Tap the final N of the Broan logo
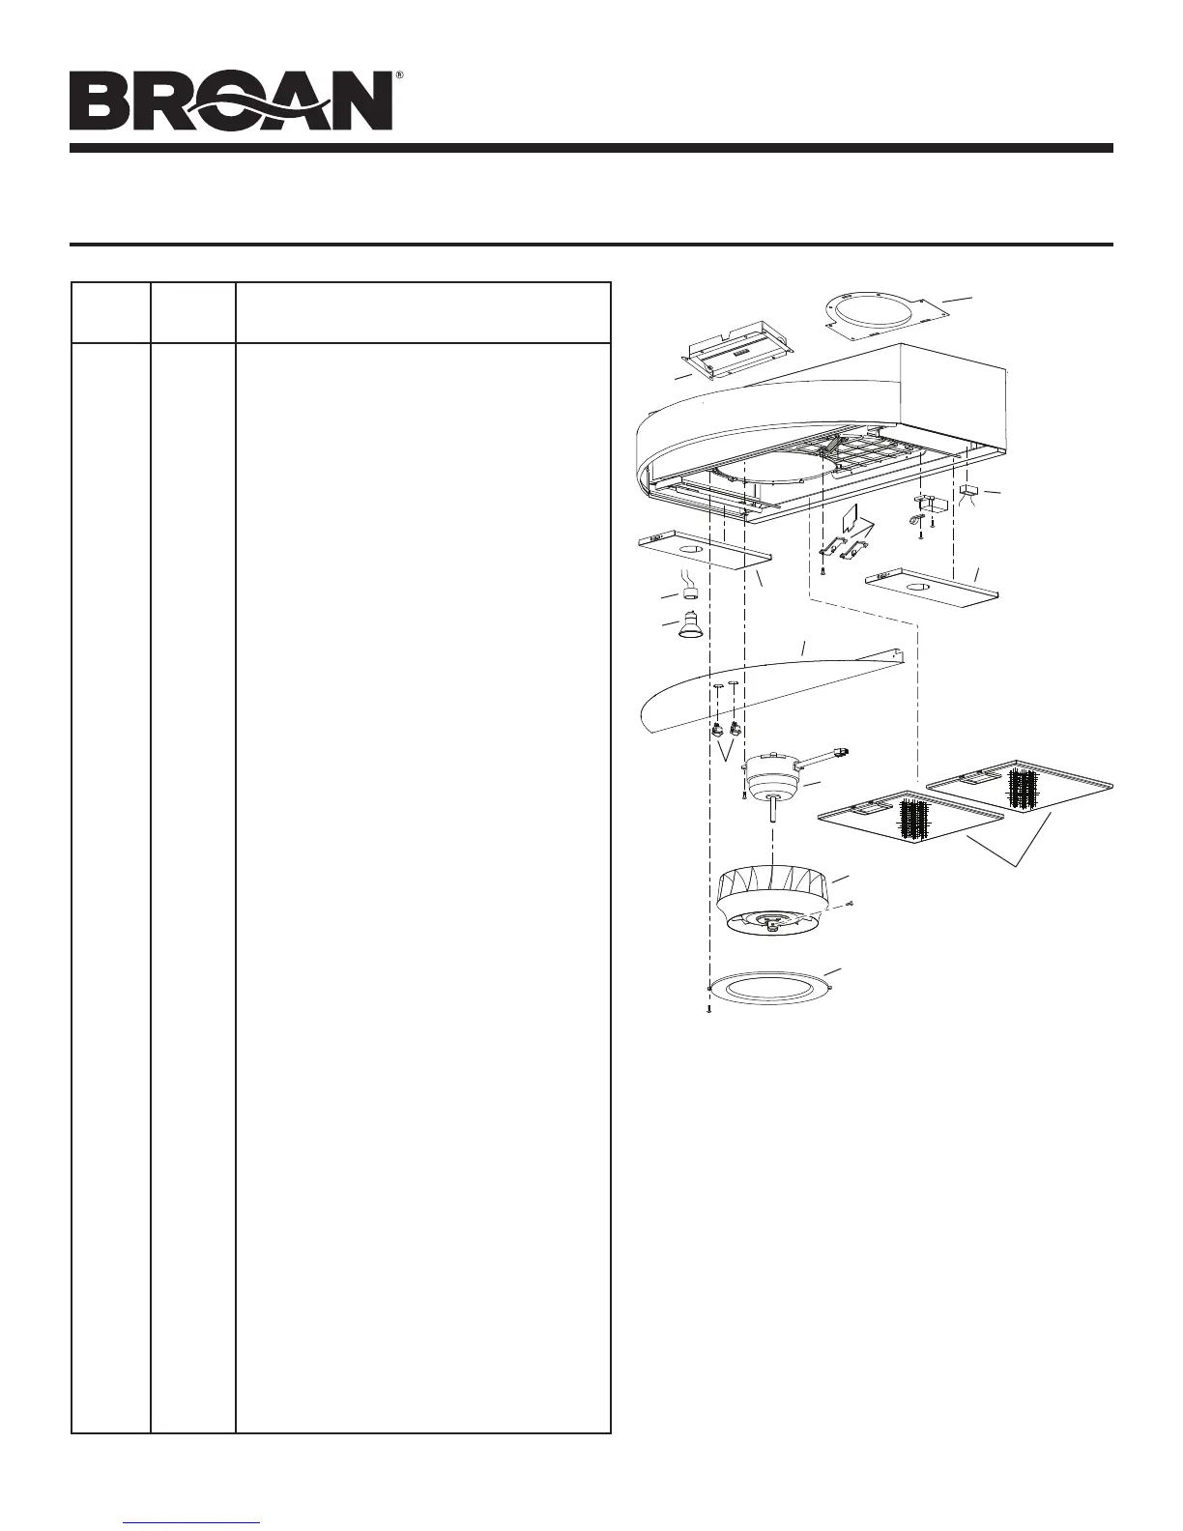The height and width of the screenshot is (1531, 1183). point(359,102)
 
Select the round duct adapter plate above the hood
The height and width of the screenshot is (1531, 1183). point(876,313)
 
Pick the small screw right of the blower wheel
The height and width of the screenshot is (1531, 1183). point(850,904)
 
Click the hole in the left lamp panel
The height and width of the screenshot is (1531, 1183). point(690,550)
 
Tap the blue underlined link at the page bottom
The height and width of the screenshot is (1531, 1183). point(193,1521)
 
